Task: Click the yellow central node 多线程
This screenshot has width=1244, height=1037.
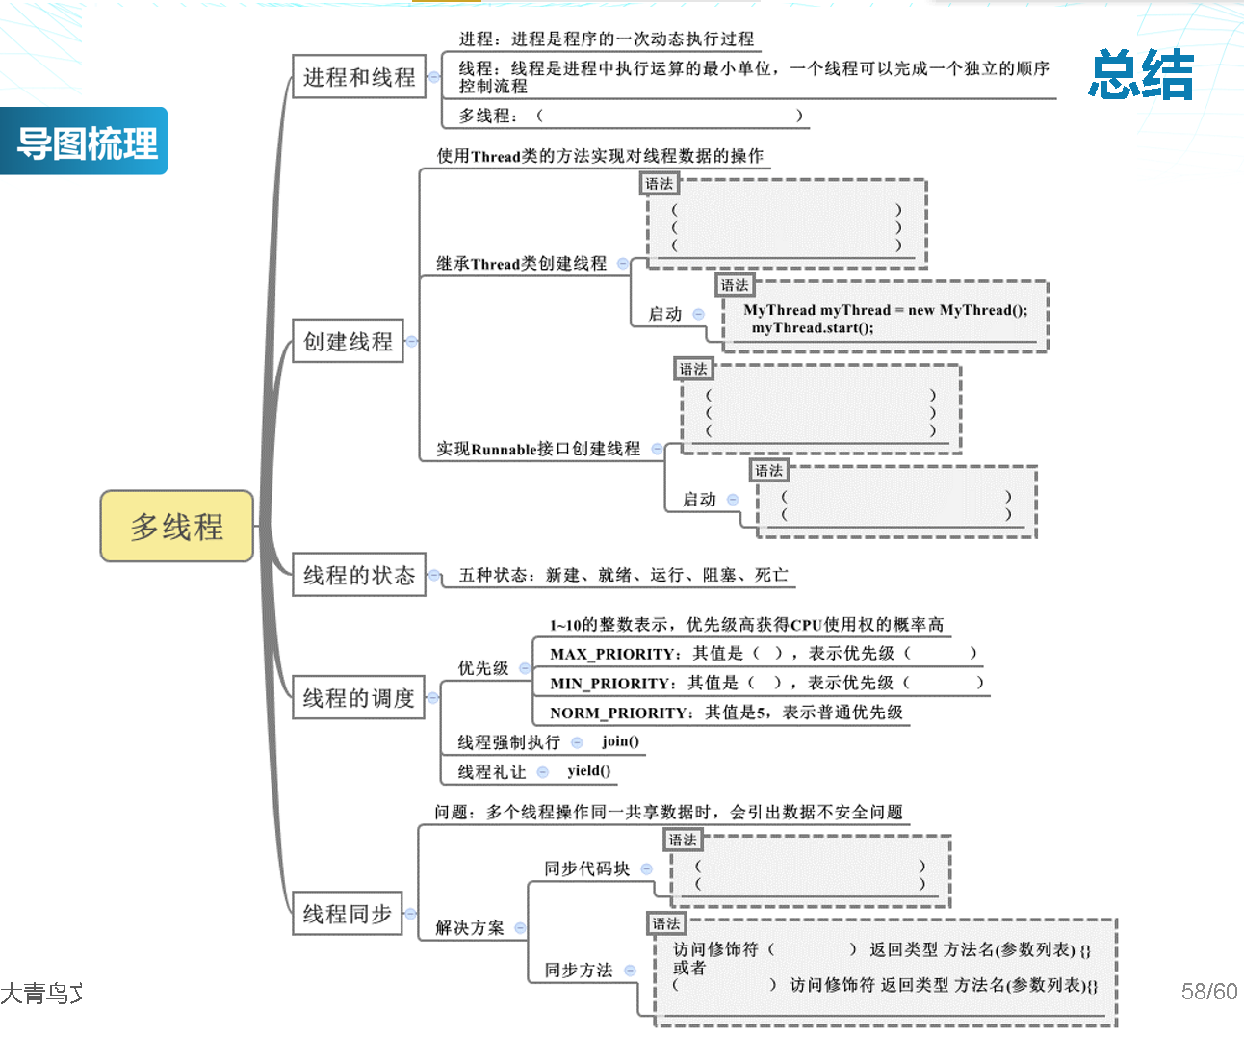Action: pos(177,526)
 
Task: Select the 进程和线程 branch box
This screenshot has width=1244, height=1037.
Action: pos(359,77)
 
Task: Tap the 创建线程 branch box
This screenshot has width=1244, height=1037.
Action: pos(348,341)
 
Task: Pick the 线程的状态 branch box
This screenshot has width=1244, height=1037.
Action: pos(359,575)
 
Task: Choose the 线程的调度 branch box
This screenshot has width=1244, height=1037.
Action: pos(358,697)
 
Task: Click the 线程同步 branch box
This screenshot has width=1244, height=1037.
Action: pos(347,913)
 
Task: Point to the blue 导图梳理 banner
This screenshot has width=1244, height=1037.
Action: pos(87,143)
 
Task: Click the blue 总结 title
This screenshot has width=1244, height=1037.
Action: pos(1141,74)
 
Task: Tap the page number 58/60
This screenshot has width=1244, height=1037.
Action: pos(1208,991)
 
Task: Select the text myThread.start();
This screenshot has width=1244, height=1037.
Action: pos(813,328)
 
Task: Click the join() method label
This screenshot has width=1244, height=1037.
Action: pos(620,740)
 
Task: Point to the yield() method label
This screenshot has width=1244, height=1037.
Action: pos(588,770)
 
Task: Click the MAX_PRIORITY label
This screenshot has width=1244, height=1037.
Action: pos(614,654)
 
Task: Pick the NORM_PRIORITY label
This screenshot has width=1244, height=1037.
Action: pos(621,713)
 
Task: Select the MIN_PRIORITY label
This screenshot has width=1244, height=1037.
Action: pos(612,684)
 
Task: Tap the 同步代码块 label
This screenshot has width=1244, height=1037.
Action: pos(586,868)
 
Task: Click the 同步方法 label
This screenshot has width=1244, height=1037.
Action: pos(578,970)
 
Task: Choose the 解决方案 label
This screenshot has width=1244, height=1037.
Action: pos(470,927)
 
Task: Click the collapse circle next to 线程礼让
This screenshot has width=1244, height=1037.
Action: pos(542,771)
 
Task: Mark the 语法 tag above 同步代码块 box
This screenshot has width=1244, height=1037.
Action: pos(683,840)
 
